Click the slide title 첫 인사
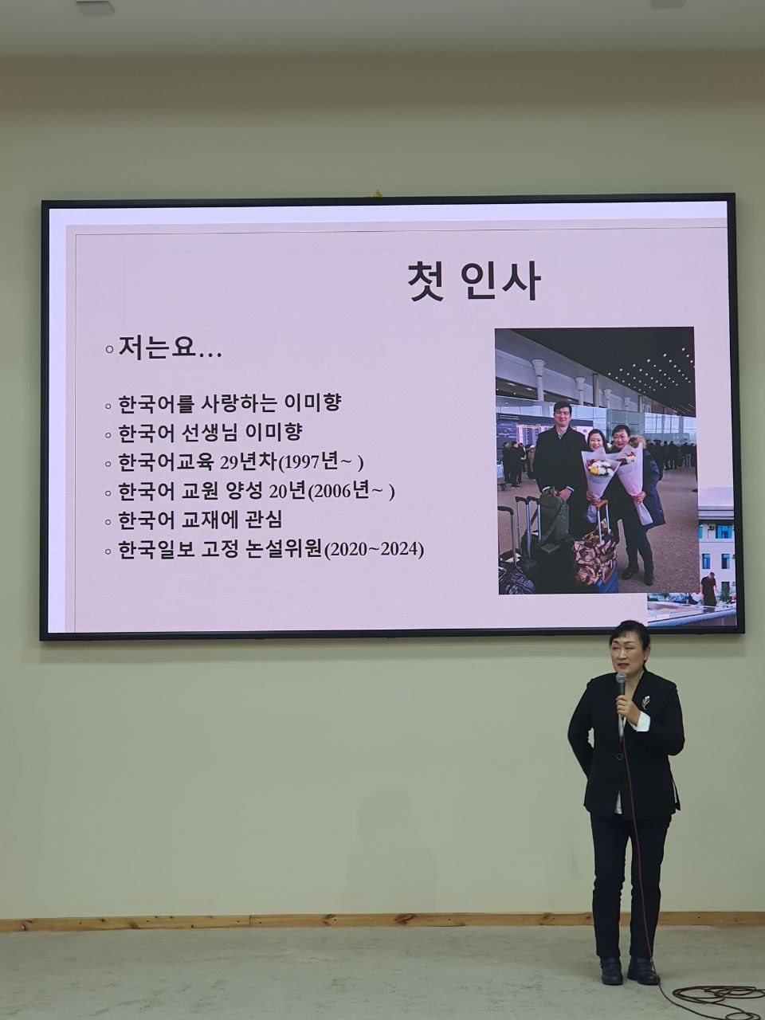[x=473, y=281]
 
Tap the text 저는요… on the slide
[x=170, y=348]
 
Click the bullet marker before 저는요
[x=109, y=350]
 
